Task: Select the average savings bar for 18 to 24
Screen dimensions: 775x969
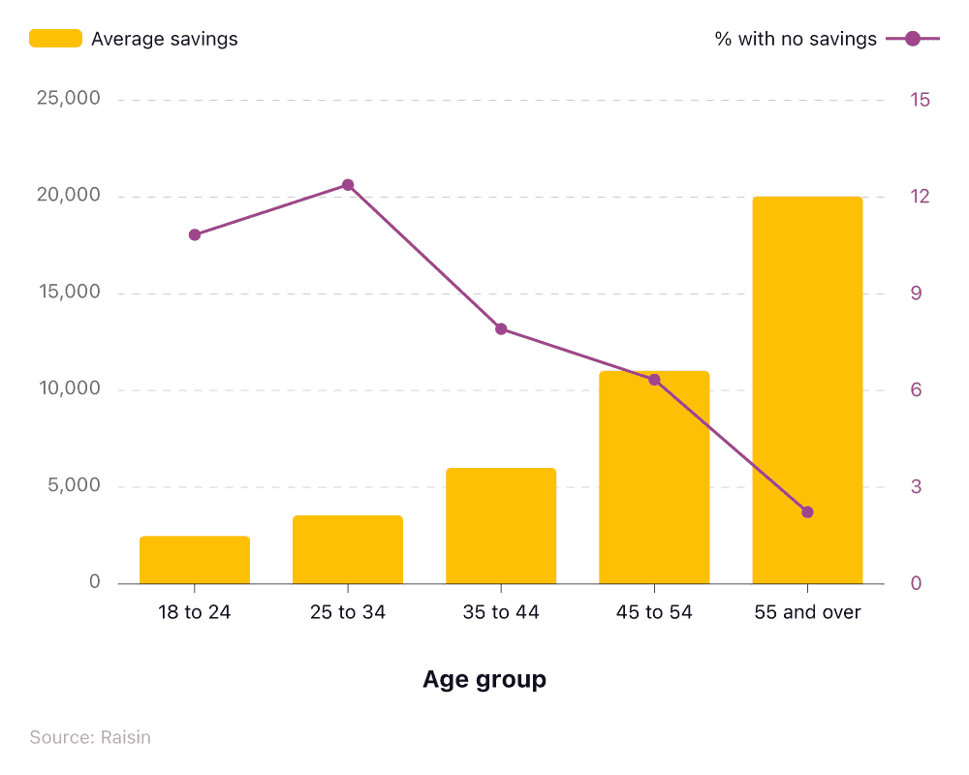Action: click(x=195, y=560)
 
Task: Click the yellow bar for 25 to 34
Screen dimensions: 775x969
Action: click(x=348, y=549)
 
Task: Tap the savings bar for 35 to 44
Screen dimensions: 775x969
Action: click(x=501, y=526)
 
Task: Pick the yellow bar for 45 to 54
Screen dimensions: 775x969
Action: click(x=654, y=478)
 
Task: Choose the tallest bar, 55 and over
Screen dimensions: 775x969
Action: click(x=807, y=389)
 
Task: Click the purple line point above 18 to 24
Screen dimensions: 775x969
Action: click(x=195, y=234)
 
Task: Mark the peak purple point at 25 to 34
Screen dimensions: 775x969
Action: click(x=348, y=185)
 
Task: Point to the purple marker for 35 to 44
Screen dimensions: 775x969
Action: click(x=501, y=329)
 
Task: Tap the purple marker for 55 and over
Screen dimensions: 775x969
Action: click(x=807, y=512)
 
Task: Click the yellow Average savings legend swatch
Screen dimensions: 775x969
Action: click(x=55, y=39)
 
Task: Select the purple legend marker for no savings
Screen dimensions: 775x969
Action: click(x=912, y=39)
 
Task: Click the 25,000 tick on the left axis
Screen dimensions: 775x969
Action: click(x=68, y=99)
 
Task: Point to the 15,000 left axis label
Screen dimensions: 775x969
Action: click(x=68, y=293)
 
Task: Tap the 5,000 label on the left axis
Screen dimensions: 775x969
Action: click(x=74, y=486)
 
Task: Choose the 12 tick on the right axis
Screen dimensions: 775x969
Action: click(x=920, y=197)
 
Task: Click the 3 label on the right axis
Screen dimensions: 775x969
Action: click(x=916, y=487)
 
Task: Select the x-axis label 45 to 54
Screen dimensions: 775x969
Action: click(x=654, y=612)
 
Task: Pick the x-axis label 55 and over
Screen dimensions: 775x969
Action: click(x=807, y=612)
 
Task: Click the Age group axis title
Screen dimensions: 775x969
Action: click(x=484, y=680)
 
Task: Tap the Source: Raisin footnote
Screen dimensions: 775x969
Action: click(x=90, y=737)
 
